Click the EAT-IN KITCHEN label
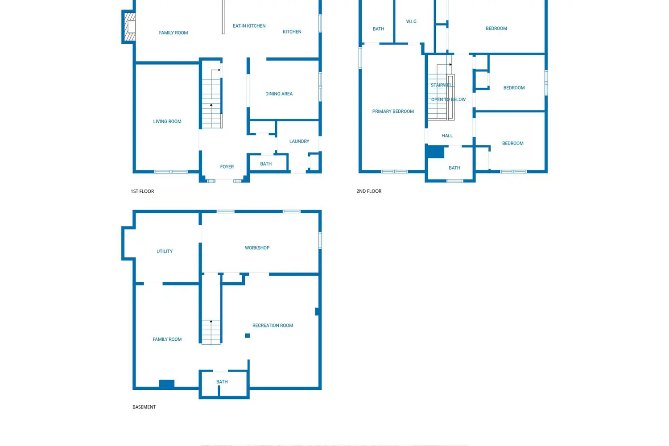tap(249, 26)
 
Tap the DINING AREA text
tap(279, 94)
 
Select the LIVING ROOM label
tap(167, 121)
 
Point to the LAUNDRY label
tap(299, 141)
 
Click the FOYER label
tap(227, 167)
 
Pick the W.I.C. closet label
tap(412, 21)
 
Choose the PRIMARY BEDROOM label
tap(393, 111)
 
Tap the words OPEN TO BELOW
tap(448, 99)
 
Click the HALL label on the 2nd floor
tap(447, 136)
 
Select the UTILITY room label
tap(165, 252)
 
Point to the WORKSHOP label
tap(257, 248)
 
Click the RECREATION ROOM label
tap(273, 326)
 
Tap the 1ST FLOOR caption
tap(142, 191)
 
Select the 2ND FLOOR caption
tap(369, 191)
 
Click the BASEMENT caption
tap(144, 407)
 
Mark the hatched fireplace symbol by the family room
tap(130, 27)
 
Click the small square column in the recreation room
tap(247, 335)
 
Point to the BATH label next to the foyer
tap(266, 164)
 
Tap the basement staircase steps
tap(211, 332)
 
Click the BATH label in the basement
tap(222, 382)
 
